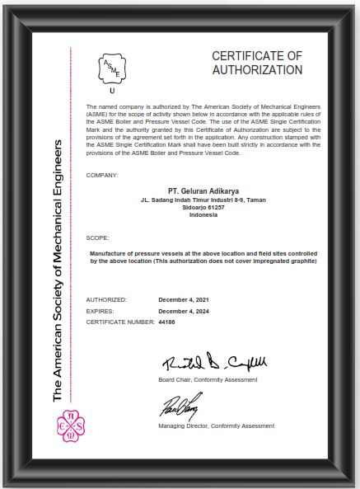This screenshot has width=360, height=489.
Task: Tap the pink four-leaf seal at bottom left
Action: (x=69, y=426)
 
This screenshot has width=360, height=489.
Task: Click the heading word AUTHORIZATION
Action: (x=257, y=70)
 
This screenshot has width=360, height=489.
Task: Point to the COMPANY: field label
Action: (x=102, y=176)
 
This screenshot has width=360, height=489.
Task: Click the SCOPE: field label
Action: (x=97, y=237)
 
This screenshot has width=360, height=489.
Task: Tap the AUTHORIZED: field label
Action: (x=106, y=299)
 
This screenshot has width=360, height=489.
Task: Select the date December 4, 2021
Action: (x=184, y=299)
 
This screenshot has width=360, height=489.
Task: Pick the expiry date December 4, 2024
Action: (x=184, y=312)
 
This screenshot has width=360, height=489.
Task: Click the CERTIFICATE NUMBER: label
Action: (x=119, y=322)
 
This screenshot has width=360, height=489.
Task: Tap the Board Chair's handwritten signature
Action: (x=213, y=363)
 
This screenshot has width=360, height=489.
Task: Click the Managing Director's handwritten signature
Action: (x=179, y=406)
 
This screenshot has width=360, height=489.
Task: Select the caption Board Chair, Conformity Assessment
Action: (x=208, y=379)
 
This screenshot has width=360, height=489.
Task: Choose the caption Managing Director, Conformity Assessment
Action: (x=216, y=426)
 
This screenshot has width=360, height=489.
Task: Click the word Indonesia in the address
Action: (x=203, y=214)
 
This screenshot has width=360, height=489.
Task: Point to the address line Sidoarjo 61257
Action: (x=203, y=206)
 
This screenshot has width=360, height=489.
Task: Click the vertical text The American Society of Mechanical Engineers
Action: (x=58, y=271)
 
